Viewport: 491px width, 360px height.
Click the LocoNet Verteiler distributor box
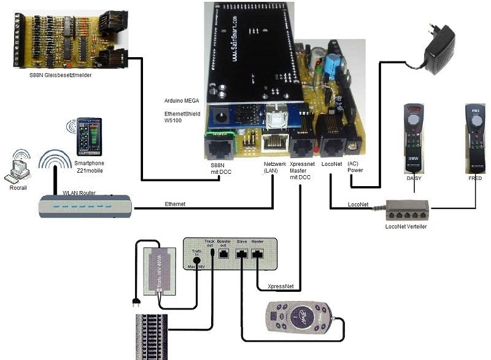(407, 211)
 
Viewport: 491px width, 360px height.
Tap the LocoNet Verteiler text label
(406, 227)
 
